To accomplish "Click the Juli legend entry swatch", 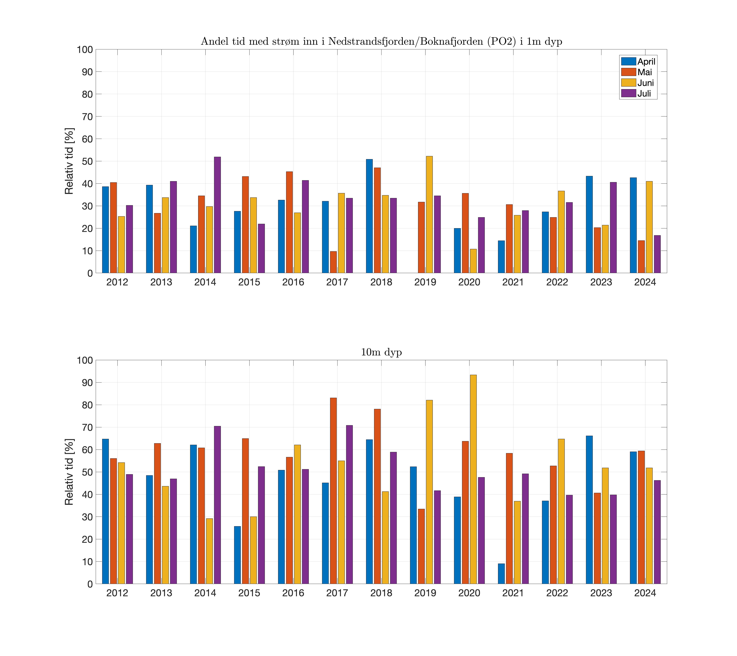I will (628, 93).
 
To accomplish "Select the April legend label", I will (646, 62).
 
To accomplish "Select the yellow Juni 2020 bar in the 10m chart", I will (473, 479).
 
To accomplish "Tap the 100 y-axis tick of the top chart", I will (85, 50).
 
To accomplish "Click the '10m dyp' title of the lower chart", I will (381, 352).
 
